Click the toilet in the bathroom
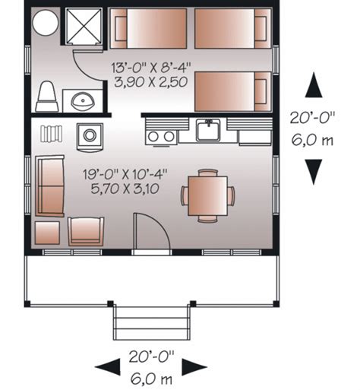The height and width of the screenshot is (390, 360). (x=46, y=97)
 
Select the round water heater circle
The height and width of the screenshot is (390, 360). (x=44, y=24)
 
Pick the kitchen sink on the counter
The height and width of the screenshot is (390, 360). (x=207, y=131)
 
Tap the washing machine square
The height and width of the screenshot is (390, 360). (x=90, y=135)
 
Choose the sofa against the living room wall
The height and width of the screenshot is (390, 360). (x=50, y=185)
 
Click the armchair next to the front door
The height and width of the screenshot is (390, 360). (x=86, y=230)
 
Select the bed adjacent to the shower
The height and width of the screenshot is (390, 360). (x=148, y=28)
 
